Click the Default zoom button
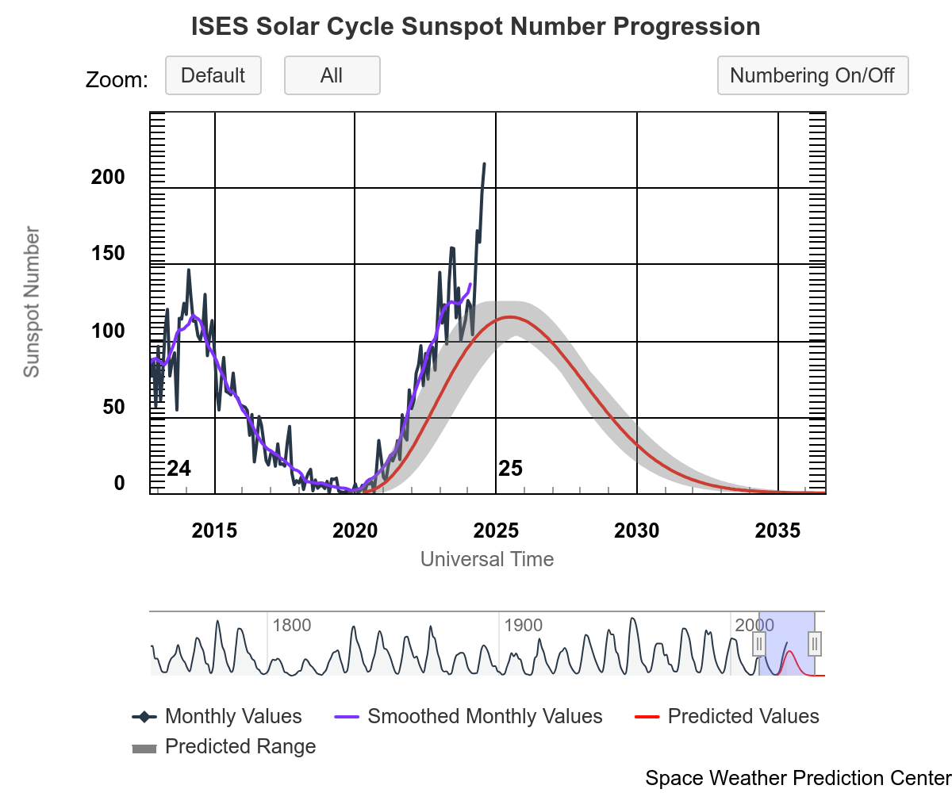(x=213, y=76)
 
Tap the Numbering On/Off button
(x=812, y=76)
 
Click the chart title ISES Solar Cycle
(x=476, y=27)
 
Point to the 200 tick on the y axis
(x=109, y=178)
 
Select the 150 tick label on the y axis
(x=109, y=254)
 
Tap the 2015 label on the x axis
(x=214, y=531)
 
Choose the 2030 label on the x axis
(x=637, y=531)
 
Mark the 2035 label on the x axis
(x=778, y=531)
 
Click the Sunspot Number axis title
(x=31, y=302)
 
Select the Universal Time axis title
(x=487, y=559)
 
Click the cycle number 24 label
(x=179, y=469)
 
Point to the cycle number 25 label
(x=511, y=469)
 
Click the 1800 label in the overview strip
(x=291, y=625)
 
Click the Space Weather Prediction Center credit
(x=798, y=778)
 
